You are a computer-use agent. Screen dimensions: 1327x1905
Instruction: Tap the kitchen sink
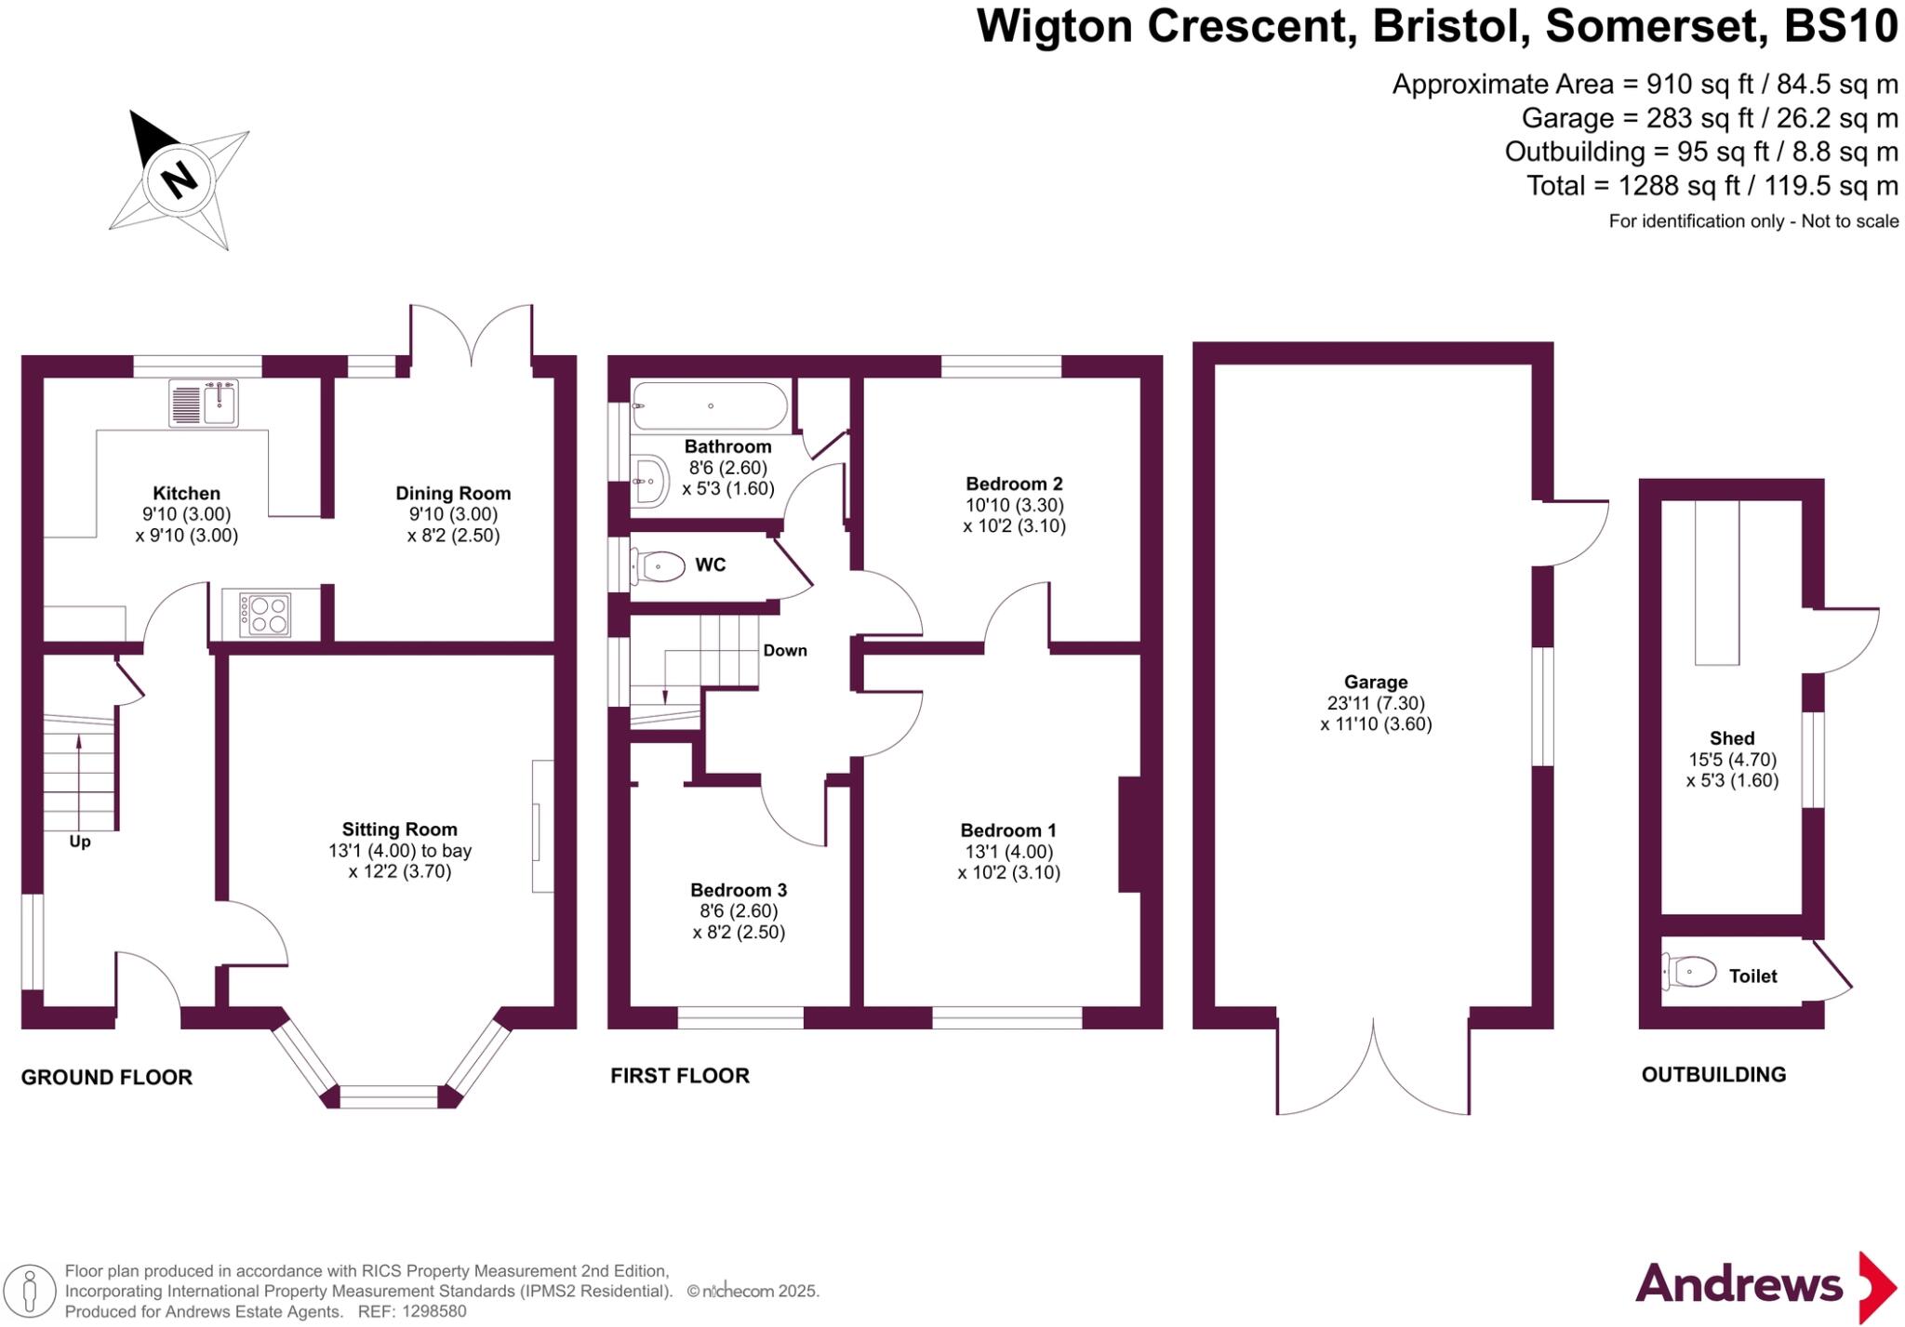coord(205,403)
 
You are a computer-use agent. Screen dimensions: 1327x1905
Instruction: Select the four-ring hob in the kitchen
coord(265,614)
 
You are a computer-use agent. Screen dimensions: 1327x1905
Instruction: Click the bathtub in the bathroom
coord(710,406)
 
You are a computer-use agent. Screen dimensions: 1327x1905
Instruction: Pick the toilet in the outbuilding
coord(1689,974)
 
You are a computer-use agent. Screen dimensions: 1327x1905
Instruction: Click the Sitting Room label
coord(399,829)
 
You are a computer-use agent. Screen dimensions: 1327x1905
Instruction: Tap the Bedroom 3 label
coord(739,890)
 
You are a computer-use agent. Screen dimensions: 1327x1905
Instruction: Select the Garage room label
coord(1376,683)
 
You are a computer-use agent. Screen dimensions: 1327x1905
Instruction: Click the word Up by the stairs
coord(80,842)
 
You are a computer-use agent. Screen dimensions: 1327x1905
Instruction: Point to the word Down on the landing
coord(785,651)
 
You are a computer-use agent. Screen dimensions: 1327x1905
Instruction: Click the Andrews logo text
coord(1738,1285)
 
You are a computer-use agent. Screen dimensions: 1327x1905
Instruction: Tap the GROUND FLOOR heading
coord(107,1078)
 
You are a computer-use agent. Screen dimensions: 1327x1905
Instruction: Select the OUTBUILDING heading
coord(1713,1075)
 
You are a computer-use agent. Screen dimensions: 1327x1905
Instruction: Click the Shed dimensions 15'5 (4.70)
coord(1732,760)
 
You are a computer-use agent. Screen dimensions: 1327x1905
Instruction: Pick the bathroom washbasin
coord(649,481)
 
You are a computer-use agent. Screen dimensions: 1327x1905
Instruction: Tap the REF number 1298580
coord(434,1312)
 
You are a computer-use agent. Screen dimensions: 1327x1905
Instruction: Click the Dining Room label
coord(453,494)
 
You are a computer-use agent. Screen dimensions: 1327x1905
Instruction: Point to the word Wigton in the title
coord(1057,26)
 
